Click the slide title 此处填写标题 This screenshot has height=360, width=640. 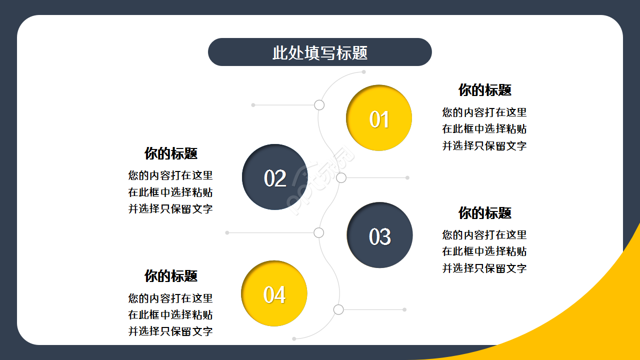click(x=320, y=52)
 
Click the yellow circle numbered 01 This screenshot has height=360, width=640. click(x=379, y=118)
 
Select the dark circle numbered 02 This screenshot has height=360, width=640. click(x=274, y=177)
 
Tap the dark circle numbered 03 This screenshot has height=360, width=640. click(x=379, y=235)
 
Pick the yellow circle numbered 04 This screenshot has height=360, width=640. click(x=274, y=293)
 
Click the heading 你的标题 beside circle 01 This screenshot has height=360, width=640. click(x=484, y=90)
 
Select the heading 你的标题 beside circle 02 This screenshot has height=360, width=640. click(x=171, y=153)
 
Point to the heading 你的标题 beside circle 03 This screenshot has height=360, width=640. click(x=484, y=212)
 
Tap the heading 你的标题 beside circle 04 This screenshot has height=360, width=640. click(x=171, y=275)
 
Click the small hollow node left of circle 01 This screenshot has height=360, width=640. click(x=319, y=105)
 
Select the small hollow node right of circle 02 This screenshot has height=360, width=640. click(x=341, y=177)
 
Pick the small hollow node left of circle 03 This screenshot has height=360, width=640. click(x=319, y=232)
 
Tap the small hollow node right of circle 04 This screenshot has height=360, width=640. click(x=338, y=309)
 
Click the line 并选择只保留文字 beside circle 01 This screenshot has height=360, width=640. click(x=484, y=146)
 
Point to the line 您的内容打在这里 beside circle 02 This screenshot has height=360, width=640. click(x=170, y=175)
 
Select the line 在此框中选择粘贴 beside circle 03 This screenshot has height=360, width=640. click(x=484, y=251)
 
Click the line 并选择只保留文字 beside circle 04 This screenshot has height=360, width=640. click(x=170, y=331)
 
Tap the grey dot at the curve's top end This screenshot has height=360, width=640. click(x=363, y=72)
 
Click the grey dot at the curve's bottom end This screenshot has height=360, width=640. click(x=294, y=339)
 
